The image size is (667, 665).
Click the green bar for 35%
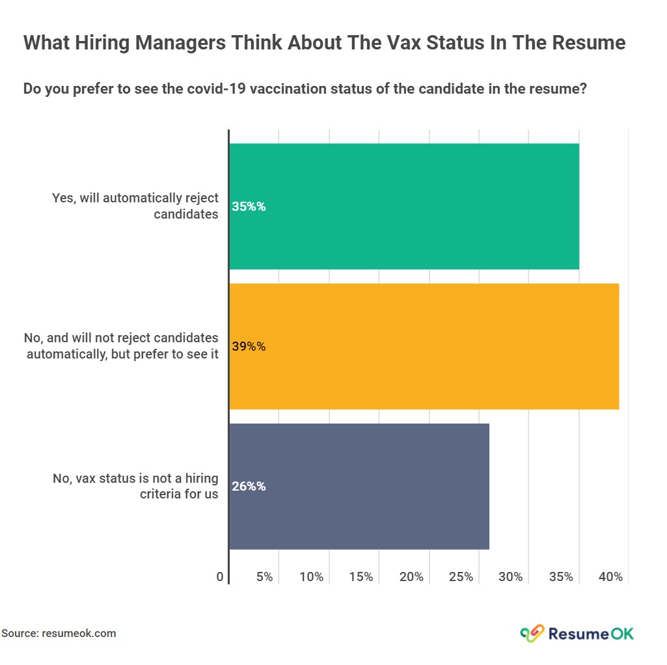pyautogui.click(x=403, y=206)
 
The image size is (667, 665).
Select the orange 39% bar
pyautogui.click(x=424, y=346)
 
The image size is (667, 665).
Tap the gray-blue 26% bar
pyautogui.click(x=359, y=486)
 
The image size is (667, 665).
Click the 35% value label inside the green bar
pyautogui.click(x=249, y=207)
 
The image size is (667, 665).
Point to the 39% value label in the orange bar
pyautogui.click(x=249, y=347)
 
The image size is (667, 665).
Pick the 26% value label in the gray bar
pyautogui.click(x=249, y=487)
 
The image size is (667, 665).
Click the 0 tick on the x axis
pyautogui.click(x=220, y=577)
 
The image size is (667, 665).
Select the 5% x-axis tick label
pyautogui.click(x=264, y=577)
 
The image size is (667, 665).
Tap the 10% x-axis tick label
pyautogui.click(x=312, y=577)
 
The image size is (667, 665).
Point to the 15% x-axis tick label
pyautogui.click(x=361, y=577)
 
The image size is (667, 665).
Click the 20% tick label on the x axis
pyautogui.click(x=411, y=577)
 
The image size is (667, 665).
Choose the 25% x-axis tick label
pyautogui.click(x=461, y=577)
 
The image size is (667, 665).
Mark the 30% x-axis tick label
pyautogui.click(x=511, y=577)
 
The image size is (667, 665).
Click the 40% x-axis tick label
pyautogui.click(x=611, y=577)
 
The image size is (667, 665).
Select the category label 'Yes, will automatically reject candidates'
pyautogui.click(x=135, y=206)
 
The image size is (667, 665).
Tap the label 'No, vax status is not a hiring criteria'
pyautogui.click(x=135, y=486)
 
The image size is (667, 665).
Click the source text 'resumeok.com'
pyautogui.click(x=79, y=633)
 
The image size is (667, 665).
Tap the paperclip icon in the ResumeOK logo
pyautogui.click(x=532, y=632)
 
